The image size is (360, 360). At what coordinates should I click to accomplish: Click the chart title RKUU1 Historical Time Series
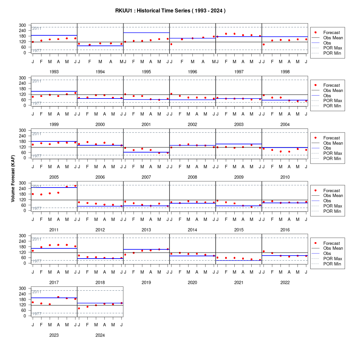click(x=170, y=11)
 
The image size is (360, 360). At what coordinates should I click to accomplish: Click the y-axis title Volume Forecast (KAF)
click(x=13, y=179)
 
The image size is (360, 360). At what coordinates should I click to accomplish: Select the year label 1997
click(x=239, y=72)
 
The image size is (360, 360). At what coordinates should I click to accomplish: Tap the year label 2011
click(x=54, y=230)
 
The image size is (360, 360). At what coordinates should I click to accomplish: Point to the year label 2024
click(x=100, y=335)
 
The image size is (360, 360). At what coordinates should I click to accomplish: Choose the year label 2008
click(x=192, y=177)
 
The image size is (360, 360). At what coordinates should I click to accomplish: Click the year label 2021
click(x=239, y=283)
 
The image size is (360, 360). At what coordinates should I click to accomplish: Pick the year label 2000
click(x=100, y=124)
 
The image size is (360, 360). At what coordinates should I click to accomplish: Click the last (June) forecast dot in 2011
click(x=75, y=186)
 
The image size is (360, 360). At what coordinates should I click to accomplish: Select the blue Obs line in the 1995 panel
click(x=147, y=33)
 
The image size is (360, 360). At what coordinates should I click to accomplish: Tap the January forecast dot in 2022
click(x=263, y=251)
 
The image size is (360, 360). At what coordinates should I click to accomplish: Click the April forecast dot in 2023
click(x=58, y=297)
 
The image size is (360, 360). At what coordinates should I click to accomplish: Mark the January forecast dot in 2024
click(x=79, y=308)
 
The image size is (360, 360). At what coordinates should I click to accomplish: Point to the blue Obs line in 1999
click(x=54, y=91)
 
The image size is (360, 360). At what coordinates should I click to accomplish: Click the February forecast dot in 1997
click(x=226, y=34)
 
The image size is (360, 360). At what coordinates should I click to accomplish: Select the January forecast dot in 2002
click(x=171, y=94)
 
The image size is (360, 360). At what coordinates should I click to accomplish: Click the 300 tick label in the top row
click(x=23, y=25)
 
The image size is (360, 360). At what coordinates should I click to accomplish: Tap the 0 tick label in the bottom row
click(x=25, y=316)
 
